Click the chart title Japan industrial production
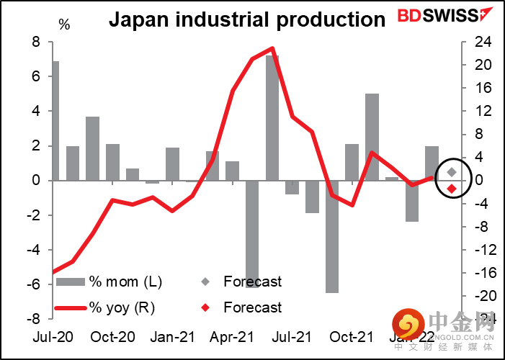[247, 19]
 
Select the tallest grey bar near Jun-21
[272, 118]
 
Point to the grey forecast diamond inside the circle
[452, 172]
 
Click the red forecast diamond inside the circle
[452, 189]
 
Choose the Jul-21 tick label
[292, 337]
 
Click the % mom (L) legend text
[120, 282]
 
